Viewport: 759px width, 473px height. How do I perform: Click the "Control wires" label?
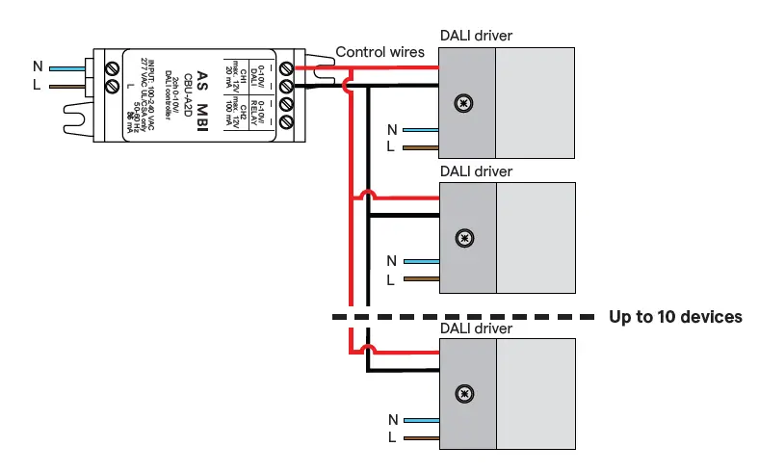tap(379, 52)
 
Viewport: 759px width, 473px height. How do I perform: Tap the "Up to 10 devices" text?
tap(675, 317)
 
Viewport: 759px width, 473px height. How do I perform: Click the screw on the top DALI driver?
tap(465, 102)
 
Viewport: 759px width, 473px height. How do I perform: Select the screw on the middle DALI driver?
tap(465, 237)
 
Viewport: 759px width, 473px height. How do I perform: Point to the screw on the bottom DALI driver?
tap(465, 393)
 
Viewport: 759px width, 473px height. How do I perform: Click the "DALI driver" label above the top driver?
tap(476, 36)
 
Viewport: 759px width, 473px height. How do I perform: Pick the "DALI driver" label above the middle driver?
tap(476, 171)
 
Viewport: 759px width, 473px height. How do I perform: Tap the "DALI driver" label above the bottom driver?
tap(476, 328)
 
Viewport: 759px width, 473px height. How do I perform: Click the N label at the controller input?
tap(38, 66)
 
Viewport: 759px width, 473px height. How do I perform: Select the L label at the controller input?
tap(38, 86)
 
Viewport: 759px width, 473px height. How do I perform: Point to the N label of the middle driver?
tap(391, 261)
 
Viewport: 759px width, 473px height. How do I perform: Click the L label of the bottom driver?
tap(390, 436)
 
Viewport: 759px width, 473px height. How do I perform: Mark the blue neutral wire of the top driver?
tap(420, 129)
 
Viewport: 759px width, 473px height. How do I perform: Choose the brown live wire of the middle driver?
tap(420, 280)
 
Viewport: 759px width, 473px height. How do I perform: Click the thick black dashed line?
tap(463, 316)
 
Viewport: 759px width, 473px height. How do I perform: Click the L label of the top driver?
tap(390, 147)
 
